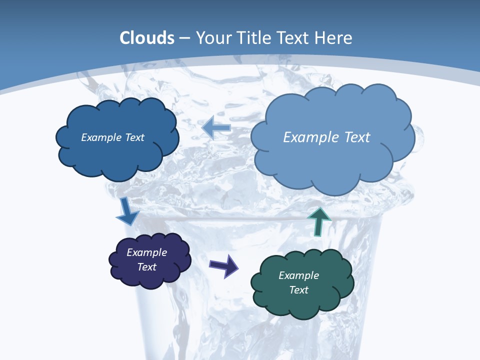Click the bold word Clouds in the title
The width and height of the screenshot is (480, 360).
147,38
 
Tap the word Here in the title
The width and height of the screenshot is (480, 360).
334,38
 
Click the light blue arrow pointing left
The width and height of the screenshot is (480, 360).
216,128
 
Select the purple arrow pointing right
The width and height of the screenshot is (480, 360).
224,265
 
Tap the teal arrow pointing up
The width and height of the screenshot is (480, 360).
318,220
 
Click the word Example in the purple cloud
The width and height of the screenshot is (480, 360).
146,252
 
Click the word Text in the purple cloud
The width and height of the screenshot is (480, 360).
146,267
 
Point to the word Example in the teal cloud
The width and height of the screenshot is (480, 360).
298,275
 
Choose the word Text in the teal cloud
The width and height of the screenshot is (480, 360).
298,290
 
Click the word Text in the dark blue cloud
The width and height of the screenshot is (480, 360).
134,137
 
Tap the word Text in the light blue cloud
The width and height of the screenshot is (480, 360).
357,137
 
